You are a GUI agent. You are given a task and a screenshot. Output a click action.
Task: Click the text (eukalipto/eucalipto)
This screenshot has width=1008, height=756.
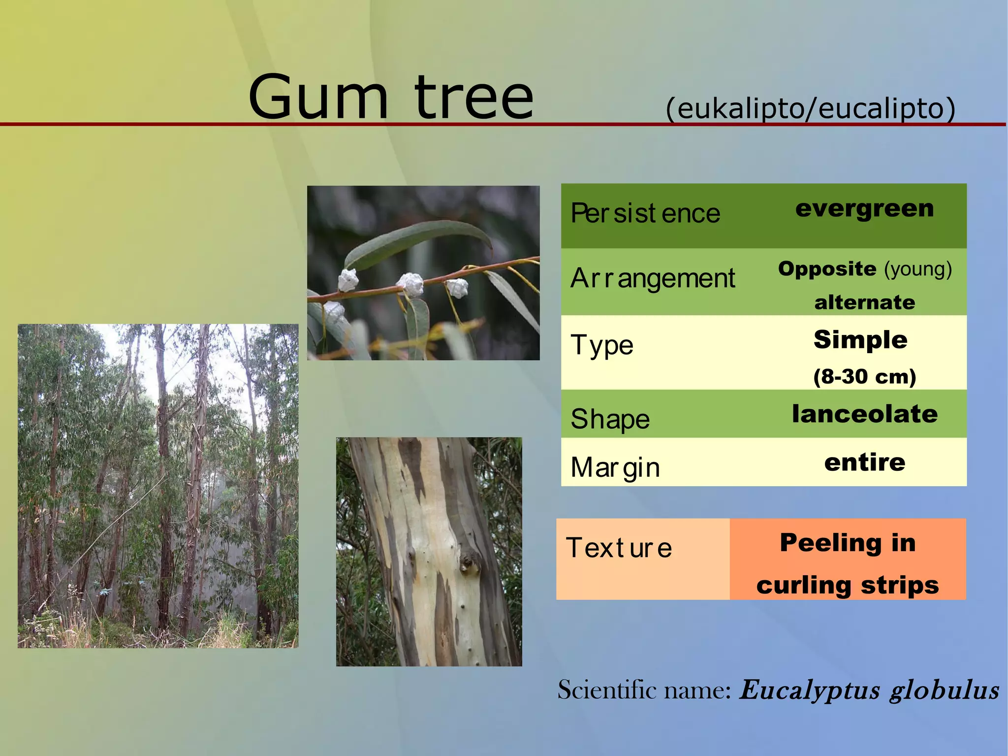point(810,108)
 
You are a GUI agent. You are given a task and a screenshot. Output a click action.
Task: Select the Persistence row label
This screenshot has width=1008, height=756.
point(645,213)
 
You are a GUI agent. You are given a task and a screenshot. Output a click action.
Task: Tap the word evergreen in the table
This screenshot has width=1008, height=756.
point(864,208)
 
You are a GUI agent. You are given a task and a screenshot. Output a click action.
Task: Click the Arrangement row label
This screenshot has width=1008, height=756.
point(653,278)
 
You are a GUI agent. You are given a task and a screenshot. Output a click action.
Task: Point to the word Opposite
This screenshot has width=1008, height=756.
point(827,269)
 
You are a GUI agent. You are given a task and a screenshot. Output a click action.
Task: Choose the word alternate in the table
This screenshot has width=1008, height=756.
point(865,302)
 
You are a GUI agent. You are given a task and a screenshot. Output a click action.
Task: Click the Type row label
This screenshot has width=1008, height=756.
point(602,345)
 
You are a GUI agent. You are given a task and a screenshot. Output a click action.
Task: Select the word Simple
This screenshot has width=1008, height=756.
point(860,340)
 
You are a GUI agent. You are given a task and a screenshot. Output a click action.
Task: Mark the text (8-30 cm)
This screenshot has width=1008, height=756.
point(865,377)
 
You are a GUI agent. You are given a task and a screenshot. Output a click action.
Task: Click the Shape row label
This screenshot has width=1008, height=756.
point(610,419)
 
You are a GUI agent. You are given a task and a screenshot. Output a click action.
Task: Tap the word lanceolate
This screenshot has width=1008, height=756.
point(865,414)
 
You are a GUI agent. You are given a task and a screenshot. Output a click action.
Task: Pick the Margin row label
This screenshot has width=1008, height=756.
point(615,467)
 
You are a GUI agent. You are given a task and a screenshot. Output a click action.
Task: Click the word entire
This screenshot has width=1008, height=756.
point(865,462)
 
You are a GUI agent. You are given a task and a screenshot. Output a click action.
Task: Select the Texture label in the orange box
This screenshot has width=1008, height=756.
point(619,548)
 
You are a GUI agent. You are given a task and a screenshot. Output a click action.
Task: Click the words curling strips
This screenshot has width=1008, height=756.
point(848,586)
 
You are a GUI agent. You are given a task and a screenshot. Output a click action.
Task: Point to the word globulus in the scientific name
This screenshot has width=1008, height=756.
point(944,690)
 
